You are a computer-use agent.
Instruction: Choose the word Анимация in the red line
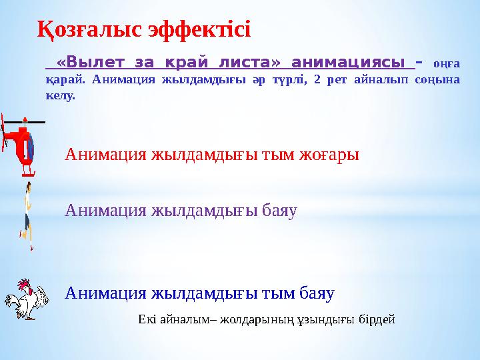[106, 155]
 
